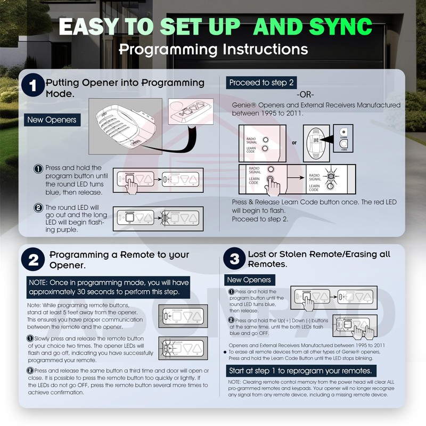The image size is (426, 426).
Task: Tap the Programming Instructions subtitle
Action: [x=213, y=49]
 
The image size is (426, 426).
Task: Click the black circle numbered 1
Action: [x=34, y=88]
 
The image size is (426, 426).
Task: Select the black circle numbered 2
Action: [x=34, y=260]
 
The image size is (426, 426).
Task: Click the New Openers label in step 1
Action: [x=52, y=120]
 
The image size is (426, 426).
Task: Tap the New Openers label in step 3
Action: [x=249, y=280]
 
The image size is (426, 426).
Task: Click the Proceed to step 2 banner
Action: [x=261, y=83]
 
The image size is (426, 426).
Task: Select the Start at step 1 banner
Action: [x=300, y=371]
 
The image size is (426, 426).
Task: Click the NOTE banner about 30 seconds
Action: [x=108, y=288]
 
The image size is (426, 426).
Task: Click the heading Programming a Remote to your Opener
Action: [x=119, y=260]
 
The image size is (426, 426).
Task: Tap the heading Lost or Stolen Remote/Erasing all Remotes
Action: [x=319, y=259]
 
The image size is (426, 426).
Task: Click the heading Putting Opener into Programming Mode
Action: [x=125, y=88]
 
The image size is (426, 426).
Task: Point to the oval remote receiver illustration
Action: [x=315, y=142]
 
